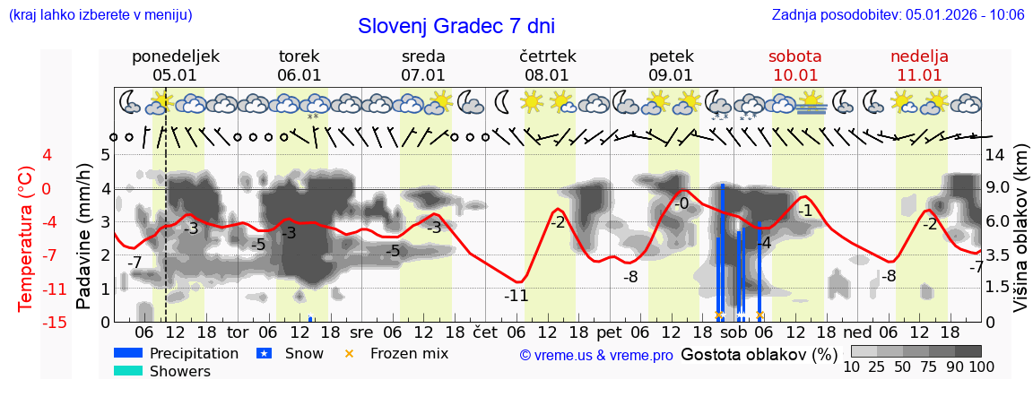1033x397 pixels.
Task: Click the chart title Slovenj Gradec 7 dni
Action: (456, 26)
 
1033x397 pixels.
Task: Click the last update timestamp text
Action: (898, 14)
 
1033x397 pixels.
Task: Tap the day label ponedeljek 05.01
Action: (175, 65)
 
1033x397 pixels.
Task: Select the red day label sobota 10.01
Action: (794, 65)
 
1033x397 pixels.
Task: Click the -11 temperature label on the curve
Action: (516, 295)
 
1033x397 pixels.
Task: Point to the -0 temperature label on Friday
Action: (681, 203)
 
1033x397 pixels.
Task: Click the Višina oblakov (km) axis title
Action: (1020, 237)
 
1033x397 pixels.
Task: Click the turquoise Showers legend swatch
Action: (128, 371)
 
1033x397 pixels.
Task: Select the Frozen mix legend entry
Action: (409, 353)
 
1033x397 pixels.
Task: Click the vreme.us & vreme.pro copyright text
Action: (595, 355)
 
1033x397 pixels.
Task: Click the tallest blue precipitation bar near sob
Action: (722, 251)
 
